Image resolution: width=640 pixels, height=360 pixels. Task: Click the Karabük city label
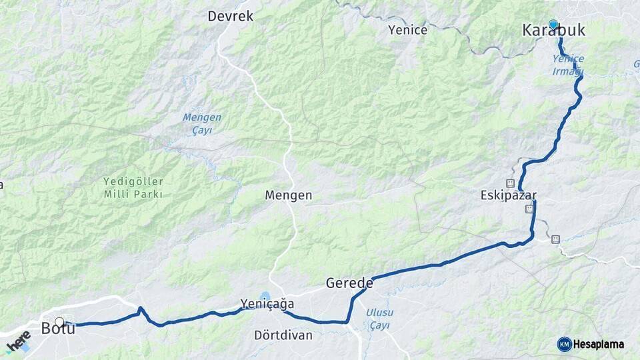[554, 31]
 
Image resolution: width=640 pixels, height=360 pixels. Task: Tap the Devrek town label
[231, 16]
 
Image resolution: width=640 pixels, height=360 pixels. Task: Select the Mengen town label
[289, 195]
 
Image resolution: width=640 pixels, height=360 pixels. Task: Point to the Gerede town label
[349, 283]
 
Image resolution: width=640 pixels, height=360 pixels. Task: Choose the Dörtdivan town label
[283, 335]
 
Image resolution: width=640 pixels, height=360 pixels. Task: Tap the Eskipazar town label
[508, 196]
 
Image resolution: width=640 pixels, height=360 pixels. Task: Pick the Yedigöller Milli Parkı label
[133, 187]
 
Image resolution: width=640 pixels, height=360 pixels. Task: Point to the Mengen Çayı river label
[202, 123]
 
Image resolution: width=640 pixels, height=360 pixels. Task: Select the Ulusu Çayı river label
[379, 318]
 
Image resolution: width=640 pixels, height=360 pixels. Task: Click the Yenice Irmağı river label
[568, 65]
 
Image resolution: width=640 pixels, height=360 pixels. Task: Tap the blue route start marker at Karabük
[553, 24]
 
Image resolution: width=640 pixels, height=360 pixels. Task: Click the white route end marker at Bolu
[59, 321]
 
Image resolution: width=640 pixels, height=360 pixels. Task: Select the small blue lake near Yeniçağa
[266, 295]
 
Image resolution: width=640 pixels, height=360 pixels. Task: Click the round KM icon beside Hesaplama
[564, 344]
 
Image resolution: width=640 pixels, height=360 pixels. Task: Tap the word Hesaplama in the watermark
[599, 344]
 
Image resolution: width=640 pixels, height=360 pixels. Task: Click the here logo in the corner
[19, 341]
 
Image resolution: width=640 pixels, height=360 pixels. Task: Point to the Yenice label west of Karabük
[407, 30]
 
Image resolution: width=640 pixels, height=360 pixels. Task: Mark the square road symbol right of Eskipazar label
[529, 209]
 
